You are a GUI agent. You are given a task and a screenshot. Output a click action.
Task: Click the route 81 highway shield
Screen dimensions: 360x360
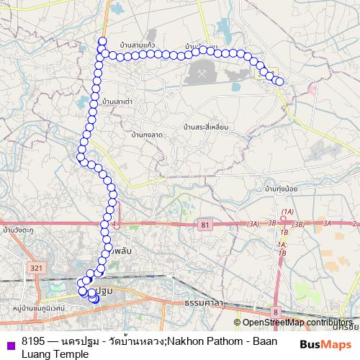(206, 225)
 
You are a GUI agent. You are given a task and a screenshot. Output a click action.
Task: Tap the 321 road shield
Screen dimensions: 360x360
(38, 267)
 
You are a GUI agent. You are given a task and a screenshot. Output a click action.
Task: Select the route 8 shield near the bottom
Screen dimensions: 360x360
(274, 311)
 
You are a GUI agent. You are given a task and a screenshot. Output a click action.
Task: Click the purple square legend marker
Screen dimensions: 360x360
(8, 342)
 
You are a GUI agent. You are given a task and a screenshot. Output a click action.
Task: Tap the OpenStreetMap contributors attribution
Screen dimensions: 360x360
(297, 323)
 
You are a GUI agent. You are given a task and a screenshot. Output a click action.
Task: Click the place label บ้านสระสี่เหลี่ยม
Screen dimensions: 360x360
(206, 127)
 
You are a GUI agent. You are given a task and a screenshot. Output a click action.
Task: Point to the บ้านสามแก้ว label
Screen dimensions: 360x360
(138, 45)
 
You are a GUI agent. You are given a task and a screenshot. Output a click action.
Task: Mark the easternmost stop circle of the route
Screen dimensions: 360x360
(279, 81)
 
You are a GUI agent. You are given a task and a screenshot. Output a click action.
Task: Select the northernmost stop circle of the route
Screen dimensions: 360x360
(102, 41)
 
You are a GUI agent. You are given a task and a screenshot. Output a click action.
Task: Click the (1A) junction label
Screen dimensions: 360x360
(288, 211)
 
